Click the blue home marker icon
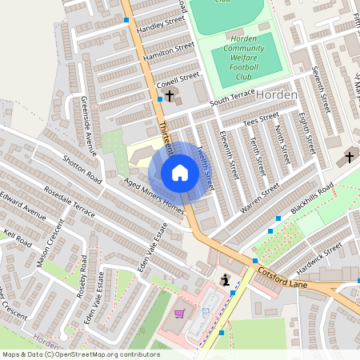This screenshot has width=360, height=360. point(180,173)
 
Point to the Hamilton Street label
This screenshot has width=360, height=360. point(169,52)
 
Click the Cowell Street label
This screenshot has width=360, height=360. point(177,79)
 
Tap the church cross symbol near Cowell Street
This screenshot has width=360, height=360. point(170,95)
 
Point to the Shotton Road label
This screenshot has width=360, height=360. point(82,166)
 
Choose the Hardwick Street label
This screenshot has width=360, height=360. point(318,254)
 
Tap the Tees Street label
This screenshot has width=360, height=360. point(261,121)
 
